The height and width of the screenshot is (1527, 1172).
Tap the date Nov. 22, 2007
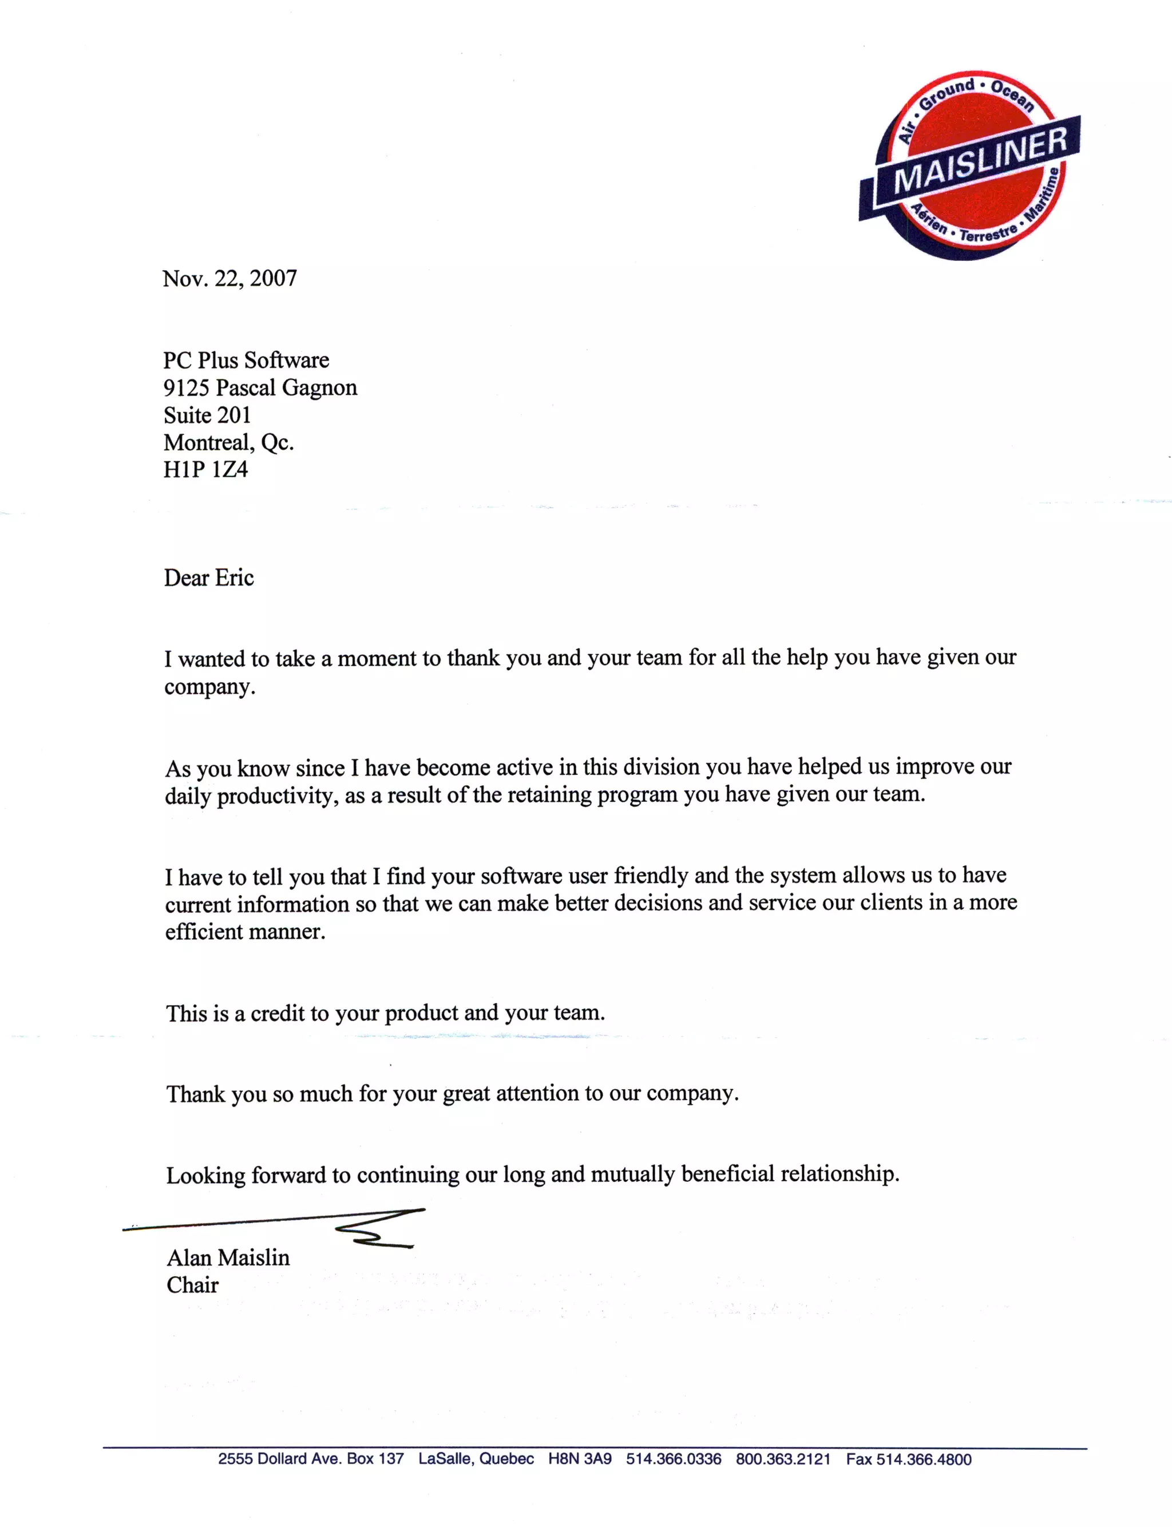(229, 278)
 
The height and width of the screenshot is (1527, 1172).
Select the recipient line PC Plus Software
(246, 360)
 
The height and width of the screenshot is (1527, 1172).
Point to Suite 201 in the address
(207, 415)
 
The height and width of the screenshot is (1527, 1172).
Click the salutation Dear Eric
(208, 577)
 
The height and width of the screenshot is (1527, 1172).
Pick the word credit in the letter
(279, 1013)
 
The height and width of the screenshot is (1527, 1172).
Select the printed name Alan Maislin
(228, 1258)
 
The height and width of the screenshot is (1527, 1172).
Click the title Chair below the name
(192, 1285)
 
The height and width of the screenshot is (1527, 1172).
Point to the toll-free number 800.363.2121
(783, 1459)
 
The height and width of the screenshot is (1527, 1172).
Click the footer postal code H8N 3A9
(579, 1459)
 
